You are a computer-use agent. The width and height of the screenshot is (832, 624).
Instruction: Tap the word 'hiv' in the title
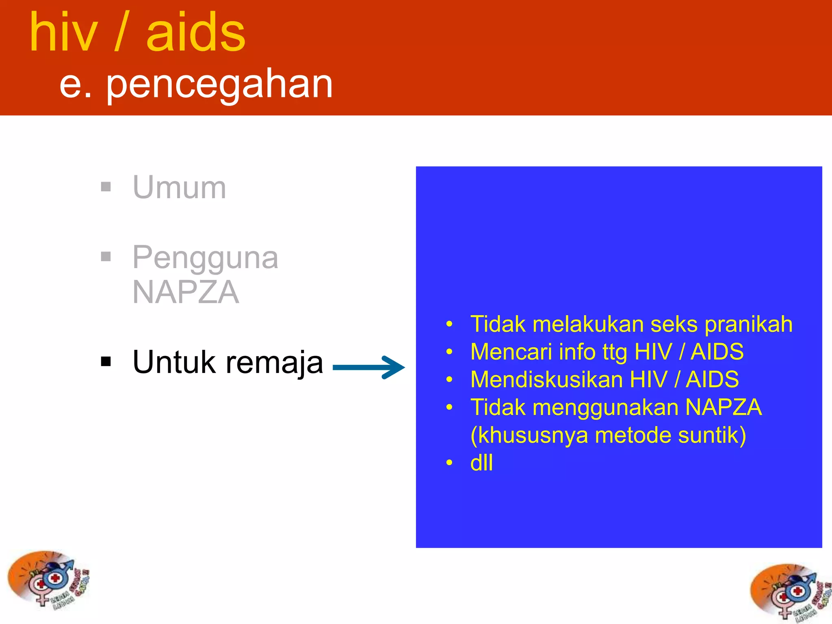pyautogui.click(x=64, y=33)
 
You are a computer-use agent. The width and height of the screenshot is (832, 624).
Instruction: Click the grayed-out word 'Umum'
pyautogui.click(x=179, y=188)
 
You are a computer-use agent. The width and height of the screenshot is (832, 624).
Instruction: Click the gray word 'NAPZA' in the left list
pyautogui.click(x=186, y=292)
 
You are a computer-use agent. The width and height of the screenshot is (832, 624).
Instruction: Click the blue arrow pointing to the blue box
pyautogui.click(x=368, y=368)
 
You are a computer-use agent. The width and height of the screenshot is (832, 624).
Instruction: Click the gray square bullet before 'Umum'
pyautogui.click(x=106, y=187)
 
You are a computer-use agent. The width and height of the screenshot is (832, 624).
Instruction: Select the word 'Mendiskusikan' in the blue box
pyautogui.click(x=546, y=379)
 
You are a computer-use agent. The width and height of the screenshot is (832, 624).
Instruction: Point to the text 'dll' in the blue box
pyautogui.click(x=481, y=463)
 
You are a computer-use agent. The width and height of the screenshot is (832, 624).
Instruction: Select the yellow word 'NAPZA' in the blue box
pyautogui.click(x=724, y=407)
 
